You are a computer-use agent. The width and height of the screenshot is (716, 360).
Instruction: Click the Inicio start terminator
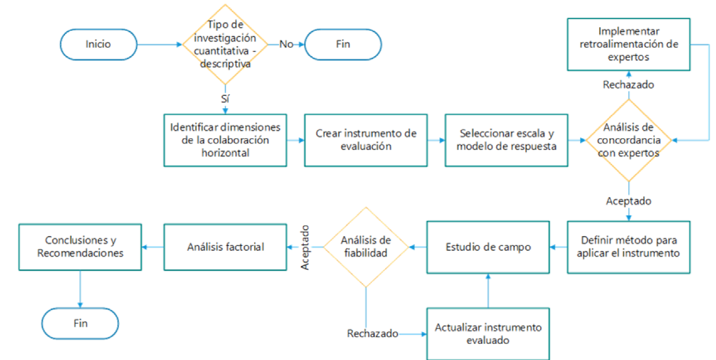(98, 44)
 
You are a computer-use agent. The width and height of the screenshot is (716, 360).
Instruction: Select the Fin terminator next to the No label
(343, 44)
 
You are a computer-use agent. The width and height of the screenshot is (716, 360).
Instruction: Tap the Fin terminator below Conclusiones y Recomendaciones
(80, 324)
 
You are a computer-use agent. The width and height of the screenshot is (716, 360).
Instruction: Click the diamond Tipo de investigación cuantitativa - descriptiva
(225, 44)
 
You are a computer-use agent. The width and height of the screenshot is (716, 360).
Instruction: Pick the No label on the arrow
(286, 44)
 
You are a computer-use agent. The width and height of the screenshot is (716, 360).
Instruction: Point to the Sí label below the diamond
(225, 99)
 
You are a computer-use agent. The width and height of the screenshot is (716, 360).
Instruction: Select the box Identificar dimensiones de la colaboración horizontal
(226, 140)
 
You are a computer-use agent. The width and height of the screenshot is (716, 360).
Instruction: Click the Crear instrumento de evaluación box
(366, 140)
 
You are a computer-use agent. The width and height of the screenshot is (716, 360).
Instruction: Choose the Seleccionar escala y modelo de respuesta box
(506, 140)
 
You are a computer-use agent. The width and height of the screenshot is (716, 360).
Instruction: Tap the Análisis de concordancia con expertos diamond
(629, 140)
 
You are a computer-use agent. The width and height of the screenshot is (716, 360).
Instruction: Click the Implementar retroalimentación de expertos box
(629, 44)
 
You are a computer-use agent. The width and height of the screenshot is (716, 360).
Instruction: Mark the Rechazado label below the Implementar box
(629, 85)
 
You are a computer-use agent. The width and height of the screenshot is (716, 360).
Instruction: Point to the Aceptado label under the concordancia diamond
(629, 201)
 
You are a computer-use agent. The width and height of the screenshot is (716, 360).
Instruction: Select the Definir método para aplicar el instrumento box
(629, 247)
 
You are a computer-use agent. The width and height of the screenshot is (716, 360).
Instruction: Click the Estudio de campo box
(488, 247)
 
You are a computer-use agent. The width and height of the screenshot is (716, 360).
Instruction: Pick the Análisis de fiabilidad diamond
(365, 247)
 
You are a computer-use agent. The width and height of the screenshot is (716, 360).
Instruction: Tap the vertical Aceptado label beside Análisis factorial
(305, 246)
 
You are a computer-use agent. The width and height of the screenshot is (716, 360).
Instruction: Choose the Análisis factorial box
(226, 247)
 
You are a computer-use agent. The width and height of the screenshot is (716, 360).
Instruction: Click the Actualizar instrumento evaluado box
(488, 334)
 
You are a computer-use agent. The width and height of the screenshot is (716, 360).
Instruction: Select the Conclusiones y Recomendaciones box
(80, 247)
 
